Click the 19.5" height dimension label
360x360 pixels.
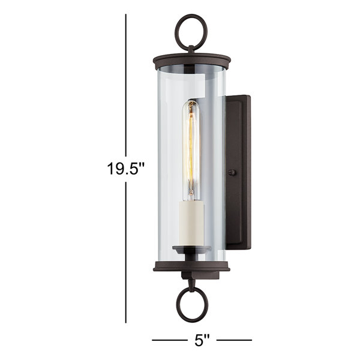[126, 169]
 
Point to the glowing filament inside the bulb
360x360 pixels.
[191, 149]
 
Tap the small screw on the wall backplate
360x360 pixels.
[233, 172]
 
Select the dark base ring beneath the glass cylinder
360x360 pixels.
[192, 267]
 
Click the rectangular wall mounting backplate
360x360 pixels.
[239, 172]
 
